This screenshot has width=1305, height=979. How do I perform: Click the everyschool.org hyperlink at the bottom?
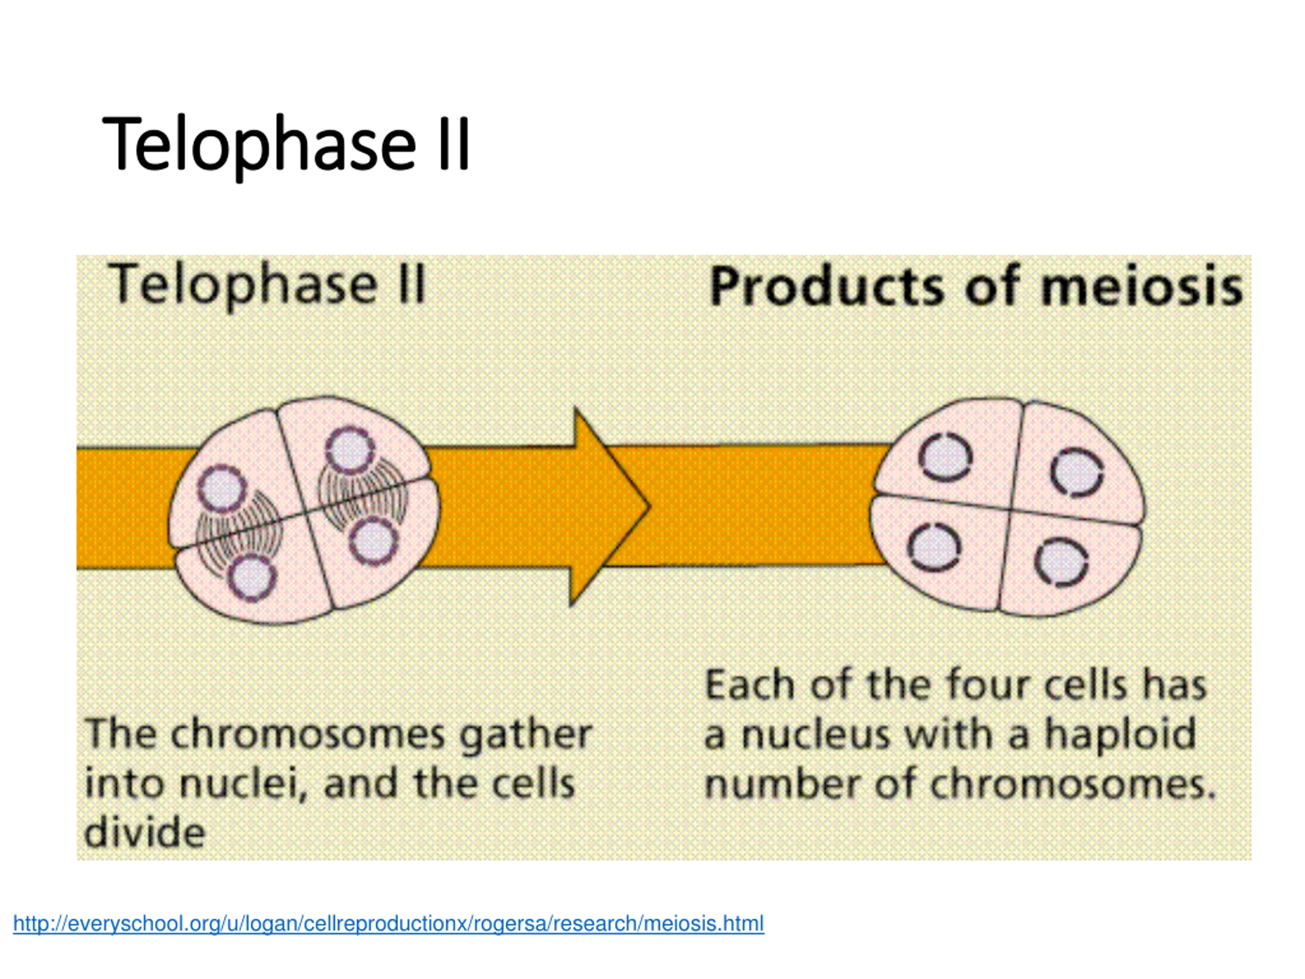coord(388,923)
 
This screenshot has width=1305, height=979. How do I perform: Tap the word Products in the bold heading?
coord(826,288)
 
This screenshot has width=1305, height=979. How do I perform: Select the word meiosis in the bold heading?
coord(1141,288)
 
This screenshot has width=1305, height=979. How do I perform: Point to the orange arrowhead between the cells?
coord(611,506)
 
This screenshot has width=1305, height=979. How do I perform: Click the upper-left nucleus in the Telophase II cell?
coord(222,488)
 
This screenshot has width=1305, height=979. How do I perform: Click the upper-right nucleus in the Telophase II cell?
coord(349,450)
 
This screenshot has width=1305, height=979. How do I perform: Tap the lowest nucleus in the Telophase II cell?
coord(252,578)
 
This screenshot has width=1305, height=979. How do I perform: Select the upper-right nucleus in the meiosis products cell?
coord(1077,472)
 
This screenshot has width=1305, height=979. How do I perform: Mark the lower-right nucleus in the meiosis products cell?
coord(1061,562)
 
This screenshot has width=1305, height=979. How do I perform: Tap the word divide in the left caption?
coord(145,833)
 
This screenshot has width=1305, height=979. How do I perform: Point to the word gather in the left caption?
coord(526,735)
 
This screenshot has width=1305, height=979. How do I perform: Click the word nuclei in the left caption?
coord(243,784)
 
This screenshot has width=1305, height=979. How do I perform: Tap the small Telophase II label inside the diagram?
coord(267,285)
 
